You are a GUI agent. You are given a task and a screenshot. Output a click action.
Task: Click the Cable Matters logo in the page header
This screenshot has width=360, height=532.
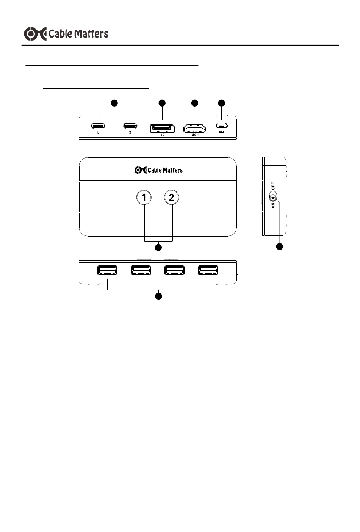(x=66, y=34)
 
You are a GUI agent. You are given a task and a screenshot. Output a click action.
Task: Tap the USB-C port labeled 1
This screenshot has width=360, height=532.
(x=98, y=126)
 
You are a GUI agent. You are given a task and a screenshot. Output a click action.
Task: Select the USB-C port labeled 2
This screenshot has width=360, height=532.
(x=130, y=126)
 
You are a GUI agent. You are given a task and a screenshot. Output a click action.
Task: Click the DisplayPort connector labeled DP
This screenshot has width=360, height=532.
(x=162, y=129)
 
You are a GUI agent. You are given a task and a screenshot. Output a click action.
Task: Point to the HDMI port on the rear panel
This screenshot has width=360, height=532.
(x=195, y=128)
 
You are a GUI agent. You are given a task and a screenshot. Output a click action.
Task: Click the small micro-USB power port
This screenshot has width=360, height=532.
(x=221, y=125)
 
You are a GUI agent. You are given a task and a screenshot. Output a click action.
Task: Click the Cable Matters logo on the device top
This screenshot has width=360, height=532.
(x=158, y=170)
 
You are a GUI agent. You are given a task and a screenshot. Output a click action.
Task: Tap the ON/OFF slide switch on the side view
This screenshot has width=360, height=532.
(x=273, y=197)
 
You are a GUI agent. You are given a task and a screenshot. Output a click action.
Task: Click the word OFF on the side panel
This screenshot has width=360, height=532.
(x=273, y=186)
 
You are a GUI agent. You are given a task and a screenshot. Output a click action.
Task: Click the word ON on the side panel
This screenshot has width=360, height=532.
(x=273, y=206)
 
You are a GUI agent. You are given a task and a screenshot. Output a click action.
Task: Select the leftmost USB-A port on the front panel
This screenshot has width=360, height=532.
(x=108, y=270)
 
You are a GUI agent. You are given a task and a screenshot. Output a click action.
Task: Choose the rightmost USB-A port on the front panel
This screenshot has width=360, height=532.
(x=208, y=270)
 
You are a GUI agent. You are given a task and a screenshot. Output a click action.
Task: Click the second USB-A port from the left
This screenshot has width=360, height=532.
(x=141, y=270)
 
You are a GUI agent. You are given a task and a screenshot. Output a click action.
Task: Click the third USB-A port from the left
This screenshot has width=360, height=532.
(x=175, y=270)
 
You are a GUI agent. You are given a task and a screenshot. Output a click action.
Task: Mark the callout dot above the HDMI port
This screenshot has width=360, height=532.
(x=195, y=103)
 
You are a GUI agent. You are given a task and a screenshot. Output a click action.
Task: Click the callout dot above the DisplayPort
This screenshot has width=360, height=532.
(x=162, y=103)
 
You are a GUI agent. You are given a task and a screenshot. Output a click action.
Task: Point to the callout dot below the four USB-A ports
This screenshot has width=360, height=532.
(x=158, y=296)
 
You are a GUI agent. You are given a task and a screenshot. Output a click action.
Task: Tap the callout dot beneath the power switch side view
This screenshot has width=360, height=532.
(x=280, y=246)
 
